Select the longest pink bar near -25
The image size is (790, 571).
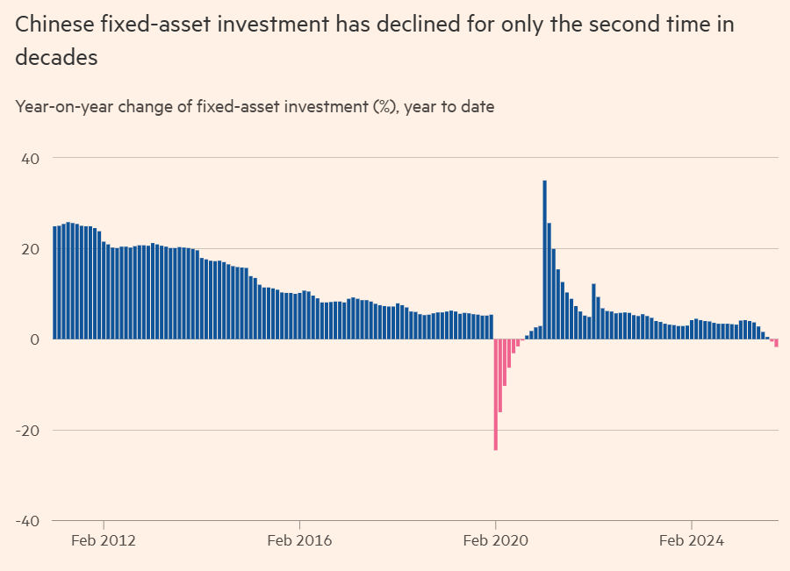coord(496,395)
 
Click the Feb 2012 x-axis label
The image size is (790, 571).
coord(104,540)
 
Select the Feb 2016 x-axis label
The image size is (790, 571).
coord(299,540)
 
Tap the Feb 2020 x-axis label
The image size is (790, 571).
coord(496,540)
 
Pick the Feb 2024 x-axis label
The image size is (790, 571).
coord(692,540)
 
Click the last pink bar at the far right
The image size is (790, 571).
coord(777,343)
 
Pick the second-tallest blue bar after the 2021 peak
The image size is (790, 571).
coord(549,281)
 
